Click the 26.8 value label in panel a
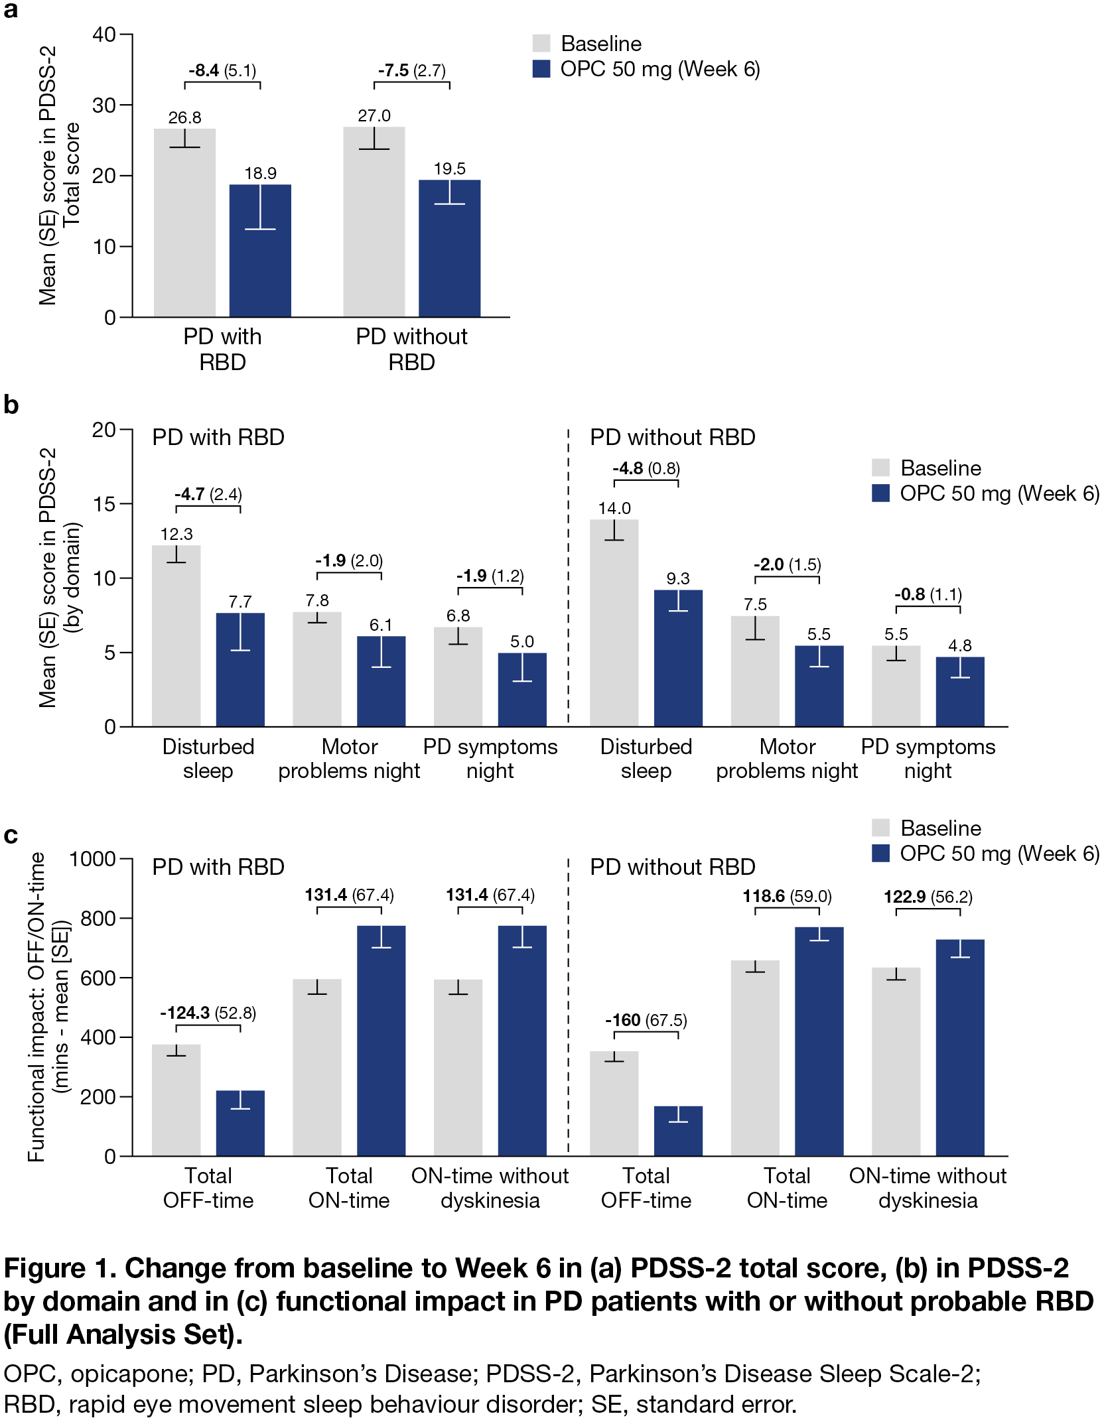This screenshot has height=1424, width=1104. pyautogui.click(x=184, y=117)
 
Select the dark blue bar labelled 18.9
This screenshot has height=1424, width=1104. pyautogui.click(x=260, y=265)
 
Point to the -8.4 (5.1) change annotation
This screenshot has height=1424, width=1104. pyautogui.click(x=222, y=70)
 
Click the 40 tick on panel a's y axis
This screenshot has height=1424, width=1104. pyautogui.click(x=105, y=34)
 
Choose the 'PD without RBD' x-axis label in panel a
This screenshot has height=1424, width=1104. pyautogui.click(x=411, y=349)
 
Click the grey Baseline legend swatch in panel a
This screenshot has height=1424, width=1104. pyautogui.click(x=541, y=44)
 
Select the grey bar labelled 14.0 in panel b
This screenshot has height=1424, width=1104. pyautogui.click(x=614, y=630)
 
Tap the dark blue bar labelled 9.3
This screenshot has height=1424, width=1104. pyautogui.click(x=678, y=663)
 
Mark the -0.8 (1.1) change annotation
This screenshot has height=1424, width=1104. pyautogui.click(x=928, y=594)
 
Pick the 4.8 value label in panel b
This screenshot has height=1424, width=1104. pyautogui.click(x=960, y=645)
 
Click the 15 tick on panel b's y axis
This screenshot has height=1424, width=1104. pyautogui.click(x=104, y=504)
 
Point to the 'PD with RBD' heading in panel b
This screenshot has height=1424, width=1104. pyautogui.click(x=218, y=438)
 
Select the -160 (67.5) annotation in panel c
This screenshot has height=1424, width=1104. pyautogui.click(x=646, y=1020)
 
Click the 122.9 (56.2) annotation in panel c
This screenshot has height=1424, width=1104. pyautogui.click(x=928, y=897)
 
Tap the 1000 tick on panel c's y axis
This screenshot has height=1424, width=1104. pyautogui.click(x=93, y=860)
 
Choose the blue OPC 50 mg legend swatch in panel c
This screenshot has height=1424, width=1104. pyautogui.click(x=880, y=854)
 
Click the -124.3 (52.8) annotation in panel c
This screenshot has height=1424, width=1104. pyautogui.click(x=208, y=1013)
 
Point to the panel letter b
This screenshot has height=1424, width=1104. pyautogui.click(x=11, y=405)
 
